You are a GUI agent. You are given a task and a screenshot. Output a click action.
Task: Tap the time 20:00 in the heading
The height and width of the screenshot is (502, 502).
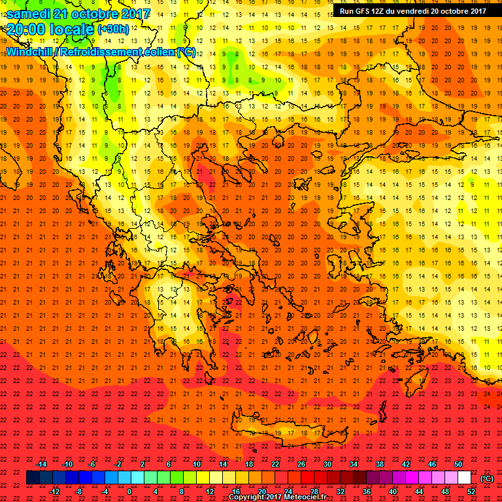(25, 29)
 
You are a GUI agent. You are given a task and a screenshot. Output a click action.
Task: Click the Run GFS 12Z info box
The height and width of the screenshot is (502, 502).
(412, 11)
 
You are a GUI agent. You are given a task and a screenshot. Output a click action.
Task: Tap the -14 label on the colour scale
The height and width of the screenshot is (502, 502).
(42, 464)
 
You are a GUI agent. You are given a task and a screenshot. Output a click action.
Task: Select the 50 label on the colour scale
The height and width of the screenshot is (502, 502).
(459, 464)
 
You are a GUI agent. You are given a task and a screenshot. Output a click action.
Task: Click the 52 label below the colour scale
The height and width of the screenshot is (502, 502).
(471, 492)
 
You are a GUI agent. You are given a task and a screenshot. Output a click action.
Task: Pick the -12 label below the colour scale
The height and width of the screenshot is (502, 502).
(54, 492)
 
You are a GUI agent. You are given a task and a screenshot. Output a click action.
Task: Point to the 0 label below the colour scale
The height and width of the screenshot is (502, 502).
(129, 492)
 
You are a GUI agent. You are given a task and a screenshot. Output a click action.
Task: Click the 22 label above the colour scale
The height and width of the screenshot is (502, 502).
(275, 464)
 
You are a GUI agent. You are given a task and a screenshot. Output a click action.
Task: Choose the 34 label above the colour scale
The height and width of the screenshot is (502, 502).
(354, 464)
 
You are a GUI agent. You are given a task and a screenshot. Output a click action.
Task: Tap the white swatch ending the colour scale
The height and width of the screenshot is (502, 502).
(465, 478)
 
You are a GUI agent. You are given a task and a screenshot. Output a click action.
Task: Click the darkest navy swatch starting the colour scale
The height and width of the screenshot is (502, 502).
(33, 478)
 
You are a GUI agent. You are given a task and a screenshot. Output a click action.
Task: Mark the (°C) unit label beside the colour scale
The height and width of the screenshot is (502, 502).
(487, 478)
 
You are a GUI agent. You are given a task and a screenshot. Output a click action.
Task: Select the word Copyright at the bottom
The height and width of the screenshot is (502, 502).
(248, 497)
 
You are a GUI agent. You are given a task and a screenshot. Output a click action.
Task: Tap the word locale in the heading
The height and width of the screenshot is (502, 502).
(71, 29)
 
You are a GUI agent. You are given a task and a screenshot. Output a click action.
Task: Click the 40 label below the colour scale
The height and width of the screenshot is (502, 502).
(393, 492)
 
